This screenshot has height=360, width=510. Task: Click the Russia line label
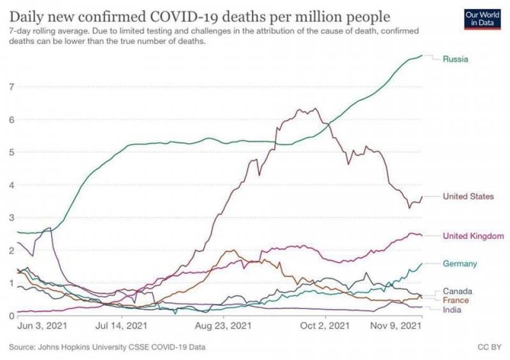pyautogui.click(x=456, y=59)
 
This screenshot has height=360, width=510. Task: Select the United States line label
pyautogui.click(x=468, y=196)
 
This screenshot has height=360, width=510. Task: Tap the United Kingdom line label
pyautogui.click(x=474, y=236)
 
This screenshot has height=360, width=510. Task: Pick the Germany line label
pyautogui.click(x=460, y=263)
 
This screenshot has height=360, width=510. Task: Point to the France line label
pyautogui.click(x=456, y=300)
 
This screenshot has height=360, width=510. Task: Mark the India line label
pyautogui.click(x=452, y=310)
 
